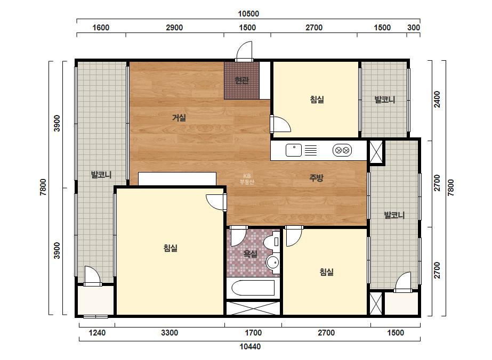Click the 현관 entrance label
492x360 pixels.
pos(242,80)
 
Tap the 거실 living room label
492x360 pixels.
pos(179,118)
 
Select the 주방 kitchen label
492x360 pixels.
pos(316,178)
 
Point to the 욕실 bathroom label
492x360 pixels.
pos(251,253)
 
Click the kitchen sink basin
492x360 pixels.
pos(294,150)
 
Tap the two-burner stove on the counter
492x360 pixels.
pos(342,151)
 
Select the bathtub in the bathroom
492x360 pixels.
pos(253,288)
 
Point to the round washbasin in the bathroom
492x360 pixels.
pos(273,262)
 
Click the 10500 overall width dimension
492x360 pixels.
pos(248,14)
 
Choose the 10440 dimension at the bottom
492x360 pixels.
pos(250,347)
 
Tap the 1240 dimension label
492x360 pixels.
pos(97,333)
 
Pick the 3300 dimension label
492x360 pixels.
pos(170,333)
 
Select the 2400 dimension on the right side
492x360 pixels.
pos(437,99)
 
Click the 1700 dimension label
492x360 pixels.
pos(253,333)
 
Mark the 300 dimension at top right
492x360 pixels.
pos(414,28)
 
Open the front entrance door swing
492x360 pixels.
pos(245,51)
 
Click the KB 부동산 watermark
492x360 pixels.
pos(247,179)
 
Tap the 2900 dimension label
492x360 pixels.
pos(174,28)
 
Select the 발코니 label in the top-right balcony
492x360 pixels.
pos(385,100)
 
